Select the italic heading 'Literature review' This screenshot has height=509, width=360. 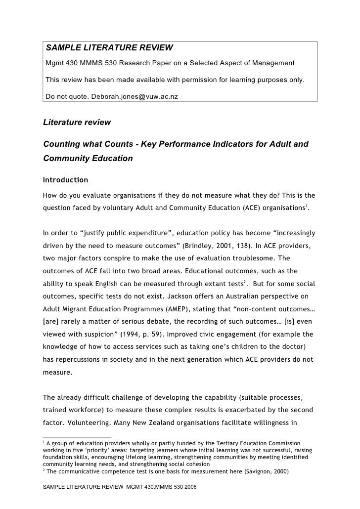coord(77,122)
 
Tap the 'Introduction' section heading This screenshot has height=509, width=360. coord(66,179)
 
